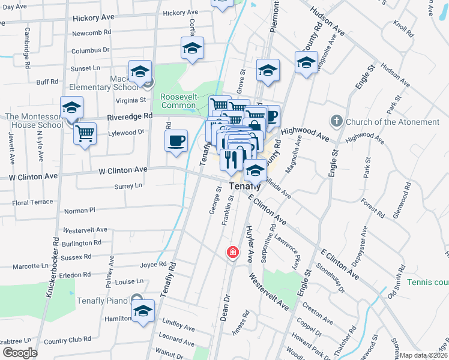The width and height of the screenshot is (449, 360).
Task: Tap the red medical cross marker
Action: pyautogui.click(x=232, y=252)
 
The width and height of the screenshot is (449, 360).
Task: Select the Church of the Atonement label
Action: pyautogui.click(x=393, y=122)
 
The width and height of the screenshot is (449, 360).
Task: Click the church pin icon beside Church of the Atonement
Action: pyautogui.click(x=336, y=121)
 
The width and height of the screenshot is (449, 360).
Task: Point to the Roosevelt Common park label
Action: pyautogui.click(x=178, y=101)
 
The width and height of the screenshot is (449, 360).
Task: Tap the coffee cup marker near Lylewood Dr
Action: pyautogui.click(x=175, y=141)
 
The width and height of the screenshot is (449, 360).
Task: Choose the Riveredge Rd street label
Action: pyautogui.click(x=130, y=115)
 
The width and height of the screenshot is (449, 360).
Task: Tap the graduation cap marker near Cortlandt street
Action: pyautogui.click(x=192, y=48)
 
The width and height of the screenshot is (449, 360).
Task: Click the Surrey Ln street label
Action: pyautogui.click(x=128, y=186)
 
